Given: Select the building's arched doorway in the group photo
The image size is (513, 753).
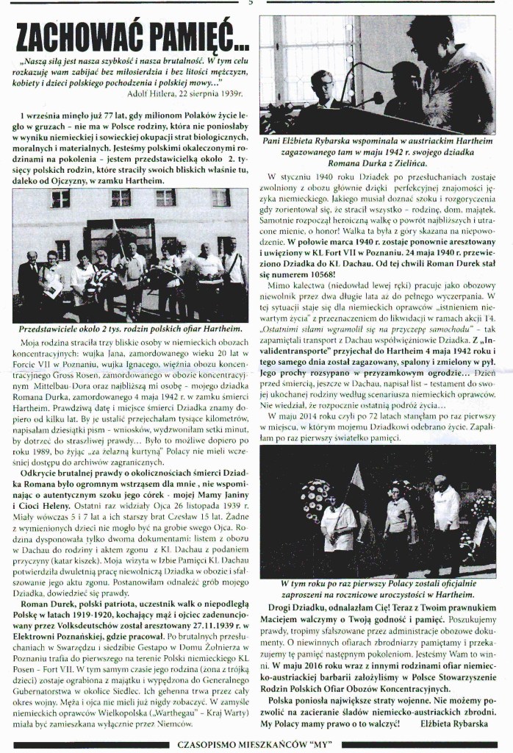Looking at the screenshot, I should click(x=131, y=243).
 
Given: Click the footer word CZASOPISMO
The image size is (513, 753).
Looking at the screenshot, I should click(x=213, y=744).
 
